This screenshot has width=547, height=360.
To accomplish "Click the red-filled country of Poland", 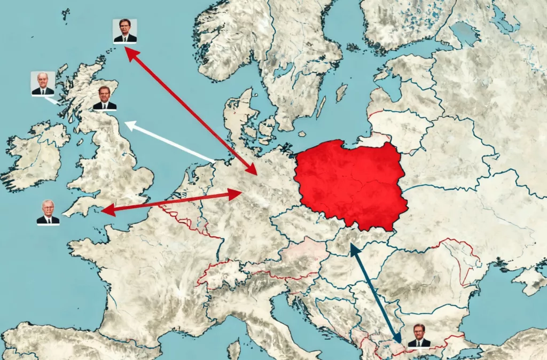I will (x=350, y=182).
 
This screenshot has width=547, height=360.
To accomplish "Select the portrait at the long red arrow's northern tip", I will (x=125, y=31).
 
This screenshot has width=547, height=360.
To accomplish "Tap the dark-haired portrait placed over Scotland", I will (x=105, y=98).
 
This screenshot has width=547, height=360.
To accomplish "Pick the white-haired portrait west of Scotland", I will (x=43, y=84).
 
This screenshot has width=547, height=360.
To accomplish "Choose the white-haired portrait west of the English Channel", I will (x=48, y=212).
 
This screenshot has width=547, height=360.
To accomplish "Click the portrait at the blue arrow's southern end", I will (x=419, y=336).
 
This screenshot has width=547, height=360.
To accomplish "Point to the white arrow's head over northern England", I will (x=129, y=125).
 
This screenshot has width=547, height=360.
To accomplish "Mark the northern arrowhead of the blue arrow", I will (x=352, y=246).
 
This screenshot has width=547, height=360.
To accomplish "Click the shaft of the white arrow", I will (x=171, y=143).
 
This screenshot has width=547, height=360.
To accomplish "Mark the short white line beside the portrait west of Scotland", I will (x=52, y=100).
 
